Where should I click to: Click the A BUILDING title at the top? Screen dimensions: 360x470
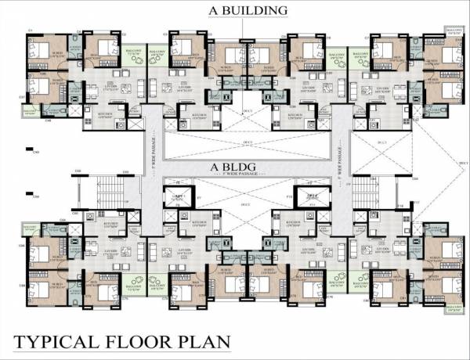[243, 10]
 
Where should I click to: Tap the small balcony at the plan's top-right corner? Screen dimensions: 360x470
[454, 32]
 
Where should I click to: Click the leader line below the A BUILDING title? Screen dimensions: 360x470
[243, 27]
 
